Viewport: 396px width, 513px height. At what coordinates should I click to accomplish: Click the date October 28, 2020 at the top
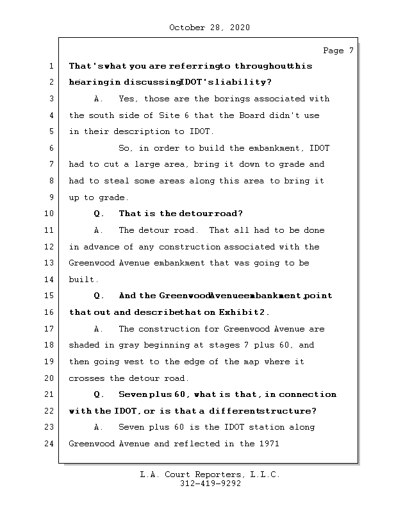[209, 28]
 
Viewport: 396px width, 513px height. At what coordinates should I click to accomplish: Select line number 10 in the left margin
[51, 214]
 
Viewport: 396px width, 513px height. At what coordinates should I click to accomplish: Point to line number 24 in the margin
[51, 443]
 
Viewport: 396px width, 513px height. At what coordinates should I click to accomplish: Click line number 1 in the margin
[51, 66]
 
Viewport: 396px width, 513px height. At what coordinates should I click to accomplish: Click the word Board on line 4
[261, 115]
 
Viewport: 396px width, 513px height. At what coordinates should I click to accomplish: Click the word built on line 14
[81, 280]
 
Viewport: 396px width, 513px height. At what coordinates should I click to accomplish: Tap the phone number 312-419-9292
[210, 485]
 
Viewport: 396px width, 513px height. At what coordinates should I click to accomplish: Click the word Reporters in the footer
[210, 475]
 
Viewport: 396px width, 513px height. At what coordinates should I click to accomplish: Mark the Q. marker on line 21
[99, 394]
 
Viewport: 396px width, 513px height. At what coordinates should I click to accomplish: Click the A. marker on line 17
[99, 329]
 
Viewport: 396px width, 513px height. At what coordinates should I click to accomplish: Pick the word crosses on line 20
[87, 378]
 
